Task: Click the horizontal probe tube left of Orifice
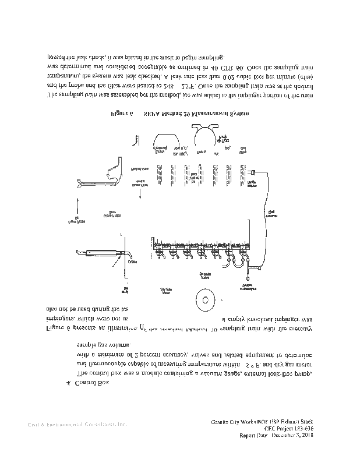[96, 253]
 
